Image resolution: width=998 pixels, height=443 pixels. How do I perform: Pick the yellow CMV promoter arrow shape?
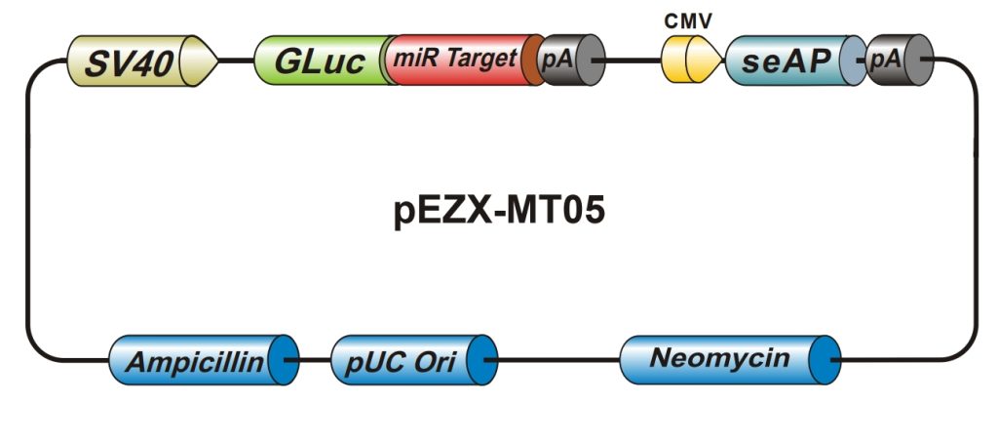[x=691, y=60]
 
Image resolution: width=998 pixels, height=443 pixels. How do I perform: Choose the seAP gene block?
[x=789, y=60]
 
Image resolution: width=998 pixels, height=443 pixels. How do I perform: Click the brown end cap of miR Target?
[x=533, y=60]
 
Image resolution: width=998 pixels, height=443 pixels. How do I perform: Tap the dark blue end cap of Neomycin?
[x=827, y=359]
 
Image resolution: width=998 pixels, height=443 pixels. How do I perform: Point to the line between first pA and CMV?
[x=633, y=60]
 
